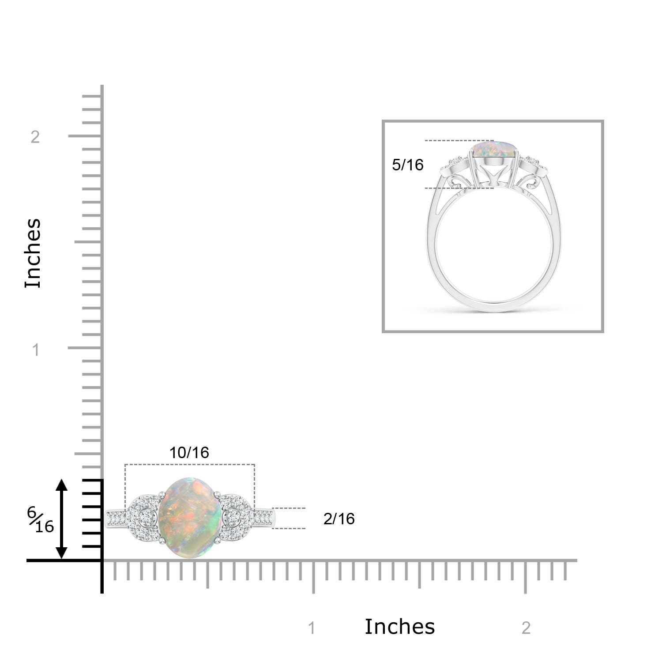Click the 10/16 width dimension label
point(189,453)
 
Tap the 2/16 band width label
point(339,519)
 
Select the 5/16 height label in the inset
point(407,165)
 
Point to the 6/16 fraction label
point(40,520)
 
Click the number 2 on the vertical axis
point(35,137)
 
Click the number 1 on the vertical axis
point(36,350)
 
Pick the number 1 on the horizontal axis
point(312,628)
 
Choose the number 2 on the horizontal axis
point(526,628)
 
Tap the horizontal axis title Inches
point(399,627)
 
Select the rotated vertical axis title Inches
point(33,253)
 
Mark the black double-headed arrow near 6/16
point(61,519)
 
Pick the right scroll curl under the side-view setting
point(530,182)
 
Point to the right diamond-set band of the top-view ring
point(263,518)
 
